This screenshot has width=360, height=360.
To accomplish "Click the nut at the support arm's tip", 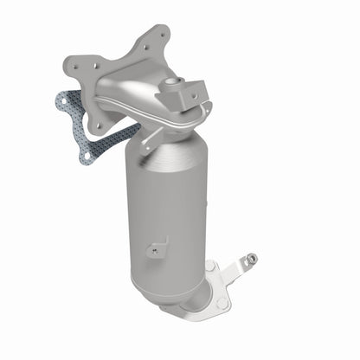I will coord(250,258).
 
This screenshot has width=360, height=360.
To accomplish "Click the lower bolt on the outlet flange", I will coord(222,302).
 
